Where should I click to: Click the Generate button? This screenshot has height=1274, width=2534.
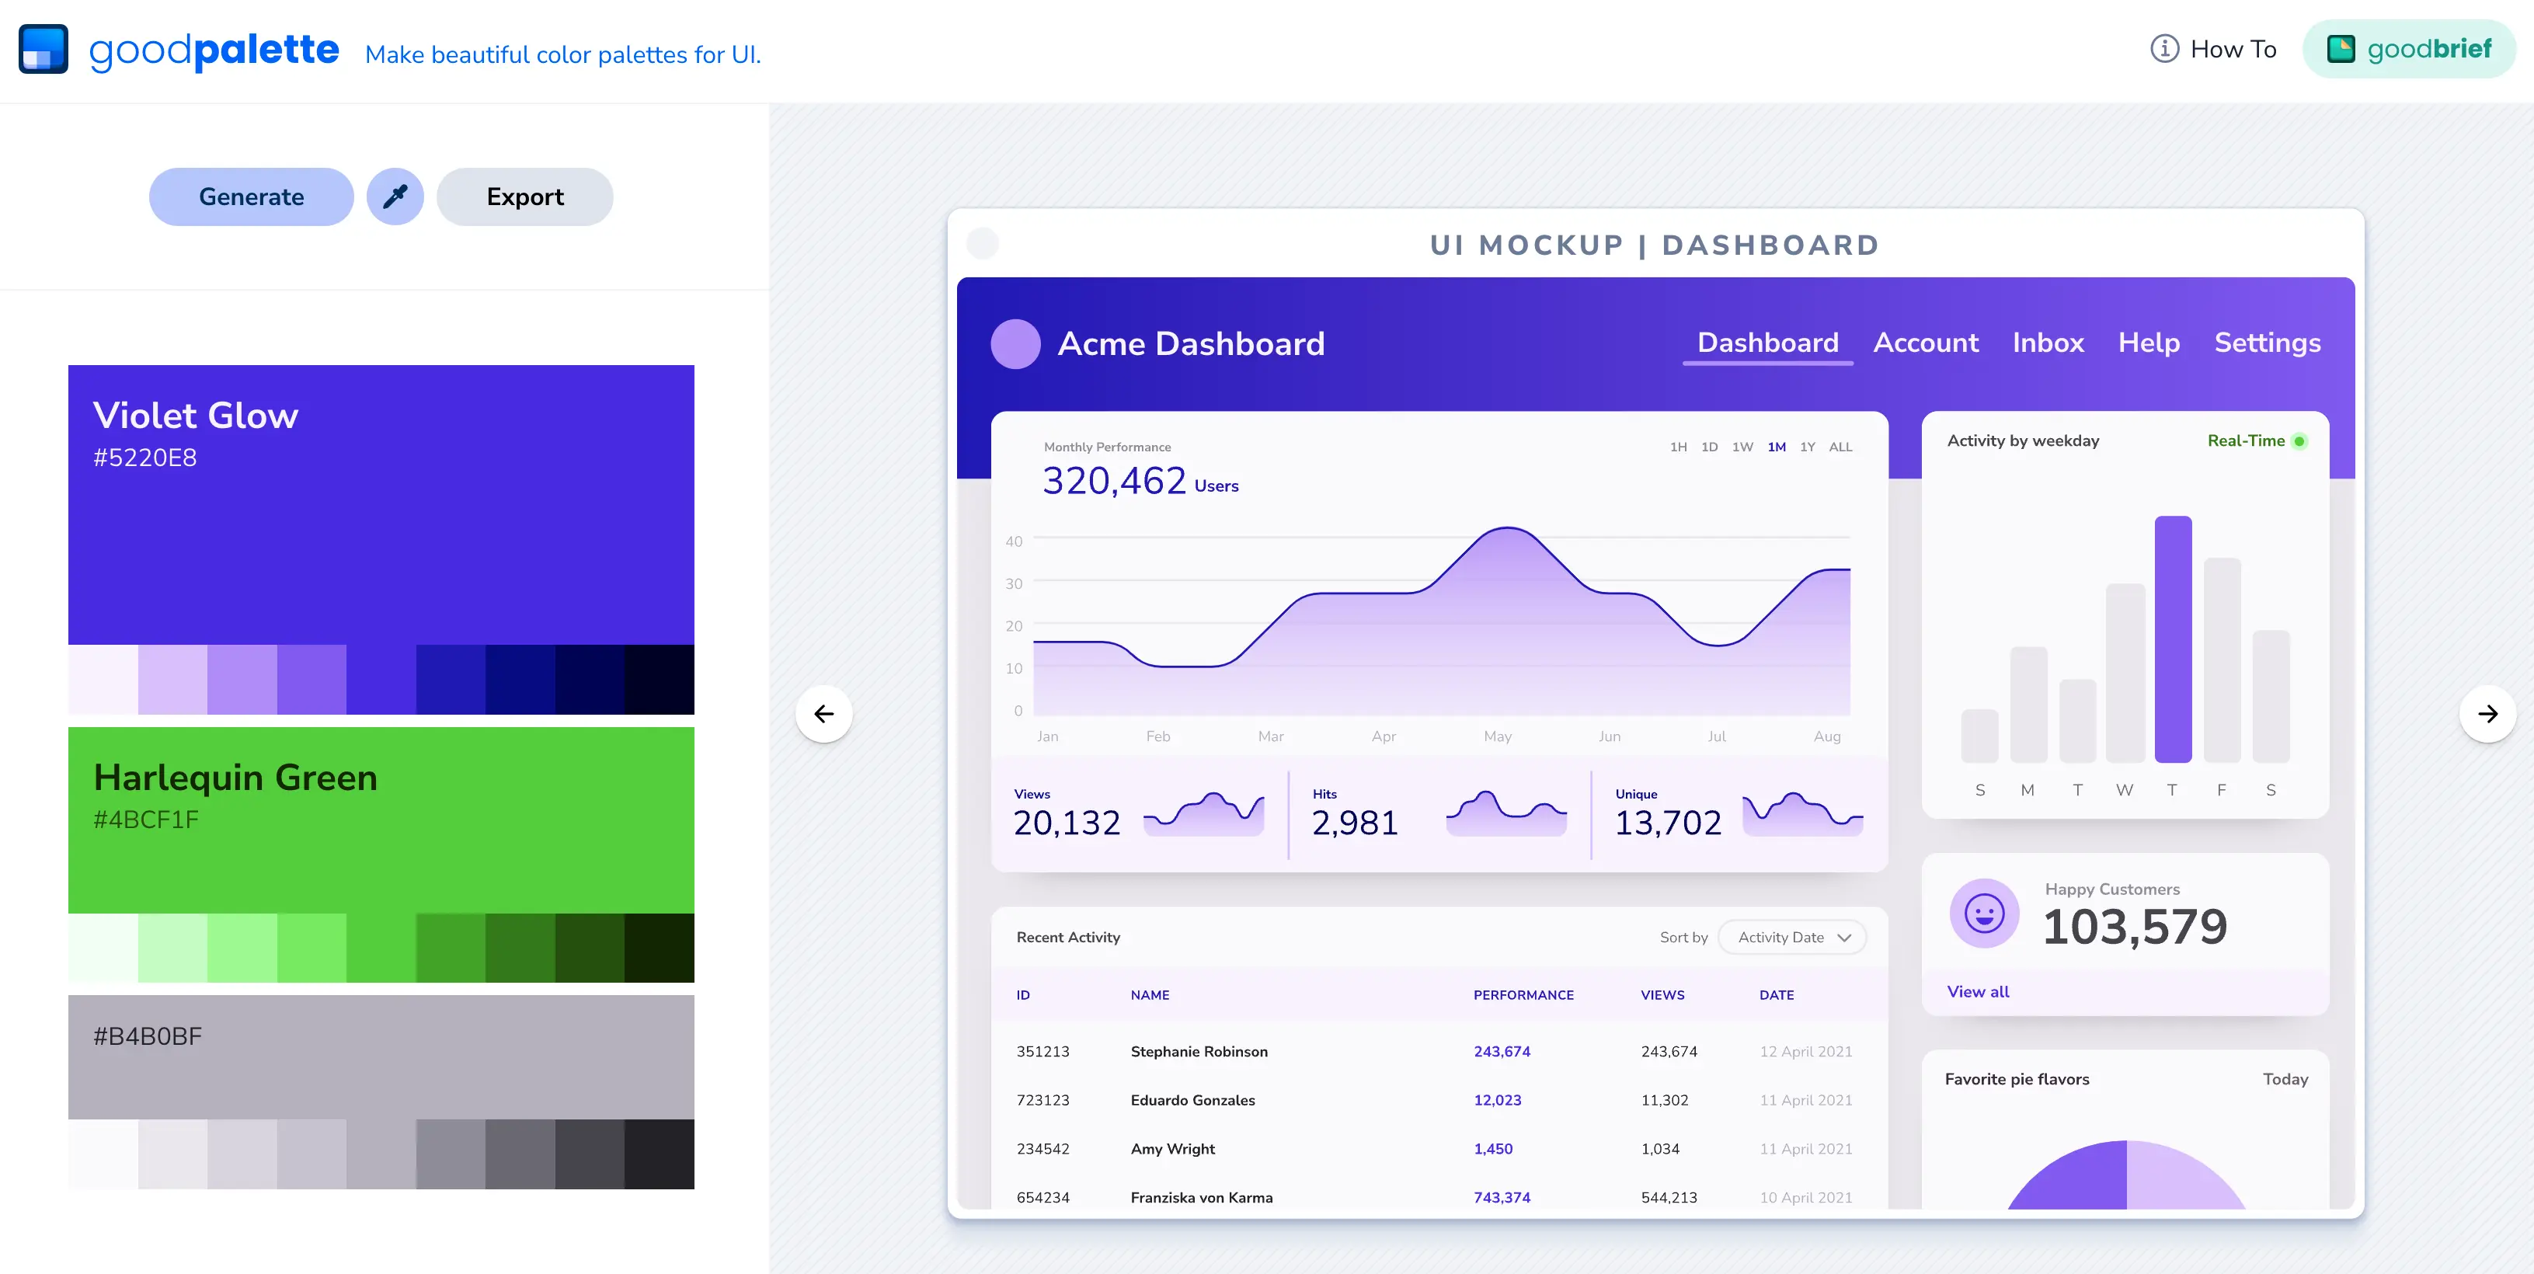click(x=251, y=197)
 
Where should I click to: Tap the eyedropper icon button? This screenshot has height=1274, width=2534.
click(x=395, y=197)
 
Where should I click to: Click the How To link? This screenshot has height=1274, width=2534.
click(x=2213, y=49)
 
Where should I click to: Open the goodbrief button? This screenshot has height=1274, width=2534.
click(x=2408, y=49)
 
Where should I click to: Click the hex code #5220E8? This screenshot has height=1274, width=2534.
click(x=144, y=458)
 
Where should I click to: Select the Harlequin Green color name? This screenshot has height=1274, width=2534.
click(x=235, y=777)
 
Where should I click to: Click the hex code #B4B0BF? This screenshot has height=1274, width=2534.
click(x=148, y=1036)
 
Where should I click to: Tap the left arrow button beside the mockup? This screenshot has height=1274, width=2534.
click(x=824, y=713)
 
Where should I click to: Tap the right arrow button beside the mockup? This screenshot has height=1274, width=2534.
click(x=2487, y=713)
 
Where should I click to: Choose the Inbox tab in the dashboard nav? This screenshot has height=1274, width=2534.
click(x=2048, y=343)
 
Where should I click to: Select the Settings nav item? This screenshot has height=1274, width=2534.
click(x=2268, y=343)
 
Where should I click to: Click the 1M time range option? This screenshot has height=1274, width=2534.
click(x=1777, y=447)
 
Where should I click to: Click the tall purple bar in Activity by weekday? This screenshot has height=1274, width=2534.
click(x=2173, y=639)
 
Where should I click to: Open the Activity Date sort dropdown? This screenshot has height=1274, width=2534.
click(x=1792, y=938)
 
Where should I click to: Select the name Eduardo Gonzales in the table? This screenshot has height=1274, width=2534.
click(x=1192, y=1100)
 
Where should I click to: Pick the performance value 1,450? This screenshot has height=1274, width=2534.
click(x=1493, y=1149)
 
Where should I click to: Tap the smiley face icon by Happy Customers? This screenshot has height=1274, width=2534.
click(x=1984, y=913)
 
